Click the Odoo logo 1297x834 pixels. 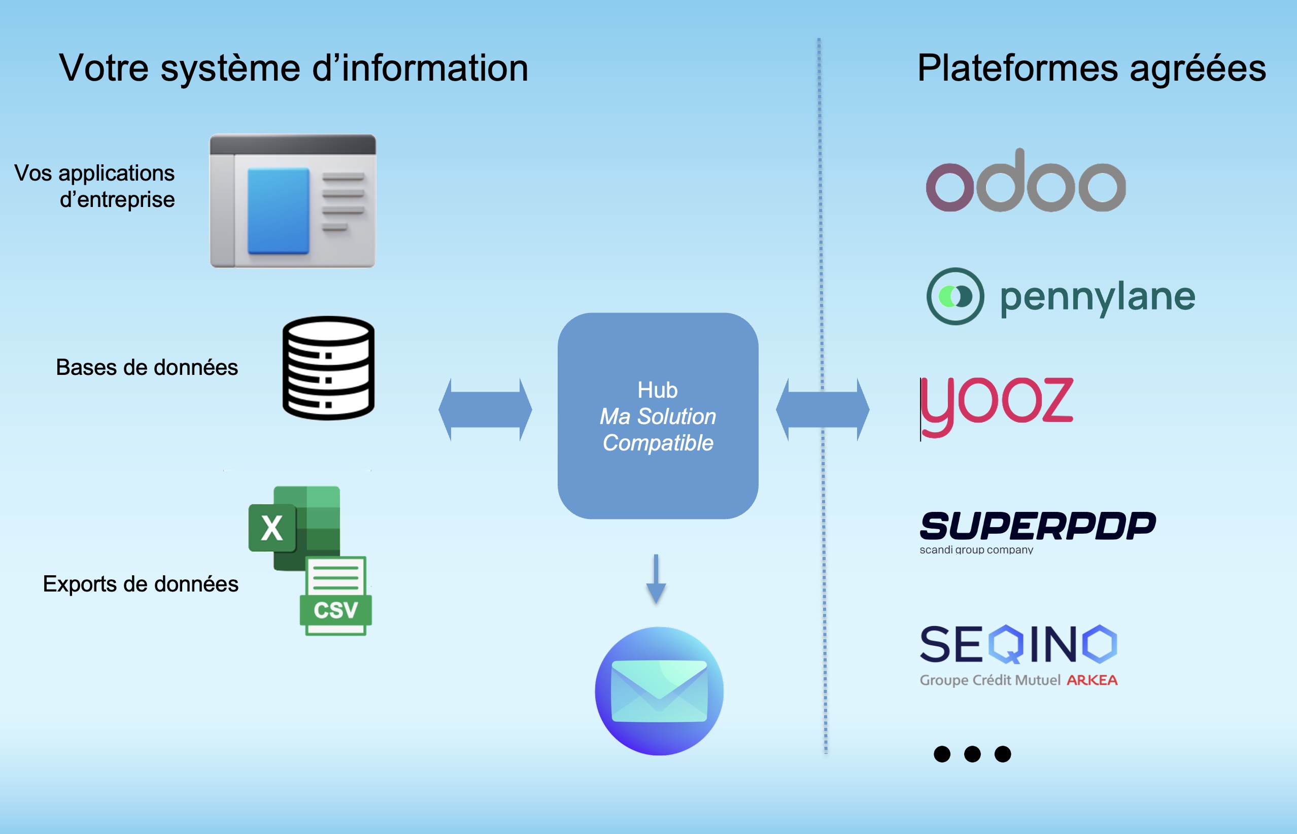pyautogui.click(x=1025, y=182)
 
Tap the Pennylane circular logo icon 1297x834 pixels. pyautogui.click(x=955, y=296)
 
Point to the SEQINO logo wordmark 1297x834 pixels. pyautogui.click(x=1018, y=644)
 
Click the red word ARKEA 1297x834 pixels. pyautogui.click(x=1092, y=680)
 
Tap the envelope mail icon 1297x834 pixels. pyautogui.click(x=659, y=691)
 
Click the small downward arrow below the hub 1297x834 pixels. pyautogui.click(x=656, y=579)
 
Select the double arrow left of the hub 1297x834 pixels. pyautogui.click(x=485, y=409)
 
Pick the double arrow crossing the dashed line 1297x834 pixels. pyautogui.click(x=822, y=409)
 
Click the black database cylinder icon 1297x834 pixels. pyautogui.click(x=328, y=368)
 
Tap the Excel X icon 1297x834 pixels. pyautogui.click(x=272, y=528)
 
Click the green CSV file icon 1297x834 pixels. pyautogui.click(x=336, y=596)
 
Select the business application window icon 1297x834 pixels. pyautogui.click(x=293, y=201)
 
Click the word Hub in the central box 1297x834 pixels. pyautogui.click(x=658, y=390)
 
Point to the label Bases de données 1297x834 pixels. pyautogui.click(x=147, y=368)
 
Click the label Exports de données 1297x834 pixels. pyautogui.click(x=141, y=584)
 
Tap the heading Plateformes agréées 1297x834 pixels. pyautogui.click(x=1091, y=68)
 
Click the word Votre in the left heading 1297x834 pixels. pyautogui.click(x=104, y=68)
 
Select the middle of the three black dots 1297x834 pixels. pyautogui.click(x=972, y=754)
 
